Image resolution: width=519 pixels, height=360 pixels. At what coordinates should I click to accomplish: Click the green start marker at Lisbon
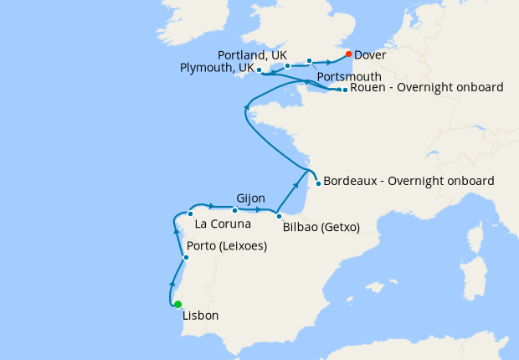tap(177, 304)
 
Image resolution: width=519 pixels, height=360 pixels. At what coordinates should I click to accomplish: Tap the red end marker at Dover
tap(348, 54)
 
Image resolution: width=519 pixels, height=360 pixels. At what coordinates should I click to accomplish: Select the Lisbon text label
tap(200, 316)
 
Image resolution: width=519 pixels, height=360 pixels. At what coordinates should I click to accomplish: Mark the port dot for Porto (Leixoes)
tap(186, 257)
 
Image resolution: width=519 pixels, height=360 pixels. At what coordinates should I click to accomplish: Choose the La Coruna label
tap(222, 224)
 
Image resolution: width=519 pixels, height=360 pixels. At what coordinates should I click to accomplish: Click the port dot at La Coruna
tap(191, 213)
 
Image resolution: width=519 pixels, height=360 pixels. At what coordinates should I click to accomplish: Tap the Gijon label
tap(251, 198)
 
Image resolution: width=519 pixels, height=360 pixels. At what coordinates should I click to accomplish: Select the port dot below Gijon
tap(234, 210)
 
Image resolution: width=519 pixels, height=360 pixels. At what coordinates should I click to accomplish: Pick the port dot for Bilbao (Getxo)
tap(279, 216)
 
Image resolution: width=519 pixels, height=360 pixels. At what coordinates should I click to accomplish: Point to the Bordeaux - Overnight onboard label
tap(409, 181)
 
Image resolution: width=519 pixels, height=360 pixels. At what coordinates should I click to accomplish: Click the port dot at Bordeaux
tap(318, 183)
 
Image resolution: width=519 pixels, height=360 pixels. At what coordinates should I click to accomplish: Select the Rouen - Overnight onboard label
tap(427, 87)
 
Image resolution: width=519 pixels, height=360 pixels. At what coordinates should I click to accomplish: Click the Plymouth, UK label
tap(215, 69)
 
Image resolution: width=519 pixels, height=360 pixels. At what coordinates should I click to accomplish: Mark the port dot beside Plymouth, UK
tap(259, 69)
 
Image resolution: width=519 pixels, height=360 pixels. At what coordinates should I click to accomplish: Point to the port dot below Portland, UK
tap(287, 65)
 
